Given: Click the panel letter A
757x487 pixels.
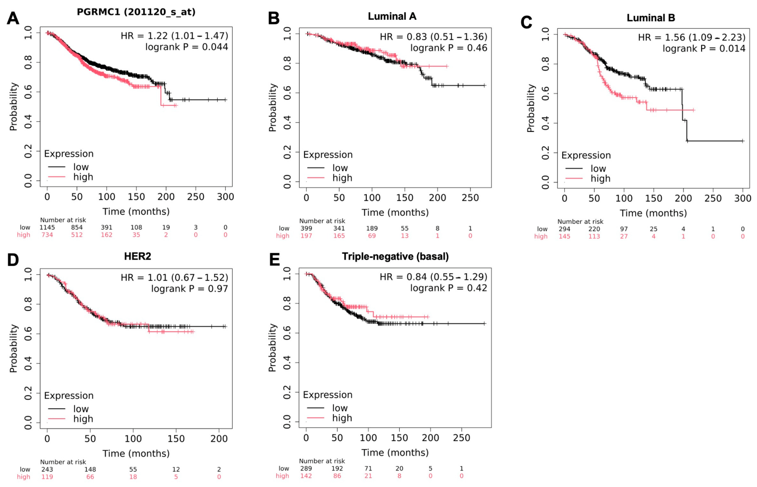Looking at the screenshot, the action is [x=13, y=18].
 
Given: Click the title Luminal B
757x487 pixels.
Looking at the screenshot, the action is [x=651, y=18].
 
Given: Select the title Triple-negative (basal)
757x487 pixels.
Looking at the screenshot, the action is [x=395, y=256].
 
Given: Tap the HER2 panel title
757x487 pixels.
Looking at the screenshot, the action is [x=137, y=256].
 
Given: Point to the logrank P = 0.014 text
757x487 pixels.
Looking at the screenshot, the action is [x=704, y=48].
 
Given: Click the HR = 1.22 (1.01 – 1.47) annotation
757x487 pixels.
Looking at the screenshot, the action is [x=175, y=36].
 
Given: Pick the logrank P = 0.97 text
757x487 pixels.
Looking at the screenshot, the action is [x=190, y=289].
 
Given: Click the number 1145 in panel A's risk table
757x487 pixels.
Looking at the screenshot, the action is [x=47, y=228].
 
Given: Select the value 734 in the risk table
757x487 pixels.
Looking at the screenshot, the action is [x=47, y=235].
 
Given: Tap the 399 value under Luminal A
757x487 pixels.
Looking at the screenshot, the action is [x=306, y=229].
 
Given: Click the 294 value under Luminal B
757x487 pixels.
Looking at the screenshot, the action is [x=564, y=229].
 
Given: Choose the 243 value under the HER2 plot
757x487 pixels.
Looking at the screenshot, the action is [x=47, y=469].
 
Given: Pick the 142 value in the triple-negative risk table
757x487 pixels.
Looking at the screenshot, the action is [x=306, y=476].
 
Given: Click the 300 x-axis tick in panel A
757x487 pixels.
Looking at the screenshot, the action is [x=225, y=197].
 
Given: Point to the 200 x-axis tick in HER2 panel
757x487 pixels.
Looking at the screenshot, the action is [x=219, y=439].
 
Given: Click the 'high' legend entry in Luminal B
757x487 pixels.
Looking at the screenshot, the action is [x=600, y=179].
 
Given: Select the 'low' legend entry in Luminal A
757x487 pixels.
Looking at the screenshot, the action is [x=340, y=168].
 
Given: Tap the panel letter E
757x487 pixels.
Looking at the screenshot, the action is [x=274, y=260].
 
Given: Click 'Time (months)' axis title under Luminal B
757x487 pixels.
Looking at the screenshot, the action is [x=653, y=213].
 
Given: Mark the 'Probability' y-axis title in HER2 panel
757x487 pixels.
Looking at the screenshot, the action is [x=13, y=348].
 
